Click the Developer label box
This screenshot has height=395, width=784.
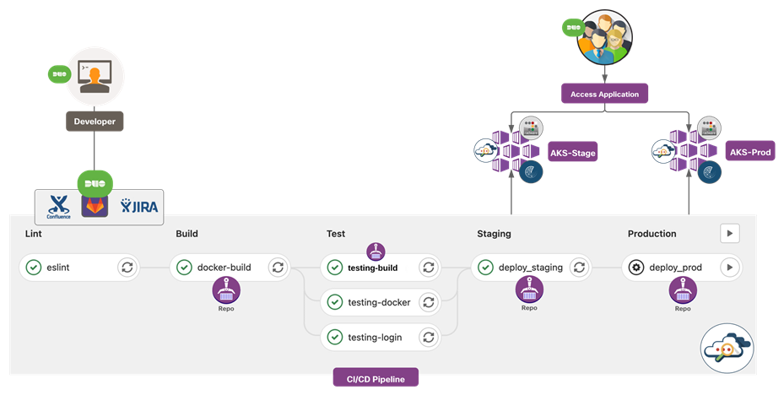tap(95, 122)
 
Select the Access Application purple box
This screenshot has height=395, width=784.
tap(604, 94)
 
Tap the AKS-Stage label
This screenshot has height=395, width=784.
tap(573, 153)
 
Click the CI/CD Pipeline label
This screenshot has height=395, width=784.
tap(376, 379)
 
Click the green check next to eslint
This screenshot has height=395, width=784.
tap(33, 268)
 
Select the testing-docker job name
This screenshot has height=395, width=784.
tap(374, 302)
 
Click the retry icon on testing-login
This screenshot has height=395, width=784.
tap(428, 338)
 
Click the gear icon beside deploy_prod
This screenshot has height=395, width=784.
tap(636, 268)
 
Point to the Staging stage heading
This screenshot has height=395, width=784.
tap(494, 234)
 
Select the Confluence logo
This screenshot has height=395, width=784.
tap(58, 206)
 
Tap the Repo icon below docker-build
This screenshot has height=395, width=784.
tap(226, 290)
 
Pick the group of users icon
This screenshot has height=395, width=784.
tap(604, 36)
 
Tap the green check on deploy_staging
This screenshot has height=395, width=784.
tap(485, 268)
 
